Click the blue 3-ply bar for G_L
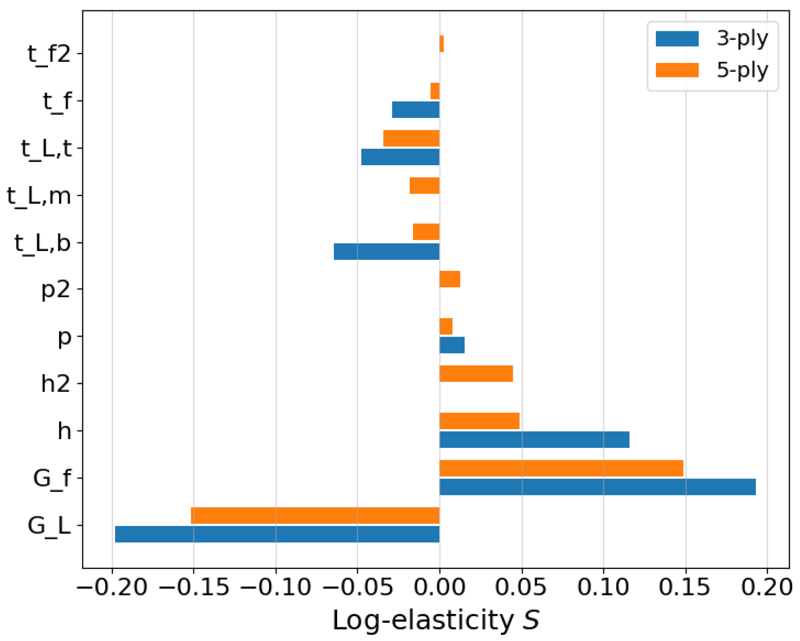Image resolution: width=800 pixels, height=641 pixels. tap(277, 534)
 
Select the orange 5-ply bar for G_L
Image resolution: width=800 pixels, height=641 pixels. tap(315, 515)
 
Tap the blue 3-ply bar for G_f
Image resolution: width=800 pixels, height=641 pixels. tap(597, 487)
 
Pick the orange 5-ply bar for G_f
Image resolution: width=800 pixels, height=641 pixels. tap(561, 468)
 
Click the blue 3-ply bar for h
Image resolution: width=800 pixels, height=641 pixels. tap(534, 440)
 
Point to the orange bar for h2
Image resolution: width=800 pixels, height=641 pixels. tap(476, 374)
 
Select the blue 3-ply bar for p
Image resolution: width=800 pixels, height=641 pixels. tap(452, 345)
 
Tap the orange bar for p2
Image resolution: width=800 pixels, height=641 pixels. tap(450, 279)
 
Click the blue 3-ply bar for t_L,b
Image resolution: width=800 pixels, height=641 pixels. tap(386, 251)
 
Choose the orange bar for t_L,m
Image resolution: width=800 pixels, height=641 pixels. tap(424, 185)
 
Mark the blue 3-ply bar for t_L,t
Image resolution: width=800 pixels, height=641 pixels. tap(400, 157)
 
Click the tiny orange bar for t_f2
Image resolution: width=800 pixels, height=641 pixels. tap(441, 43)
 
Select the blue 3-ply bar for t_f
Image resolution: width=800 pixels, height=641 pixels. tap(415, 110)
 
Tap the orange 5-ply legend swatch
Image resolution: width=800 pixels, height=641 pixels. tap(677, 70)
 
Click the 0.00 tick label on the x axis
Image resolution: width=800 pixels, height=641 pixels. tap(439, 586)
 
